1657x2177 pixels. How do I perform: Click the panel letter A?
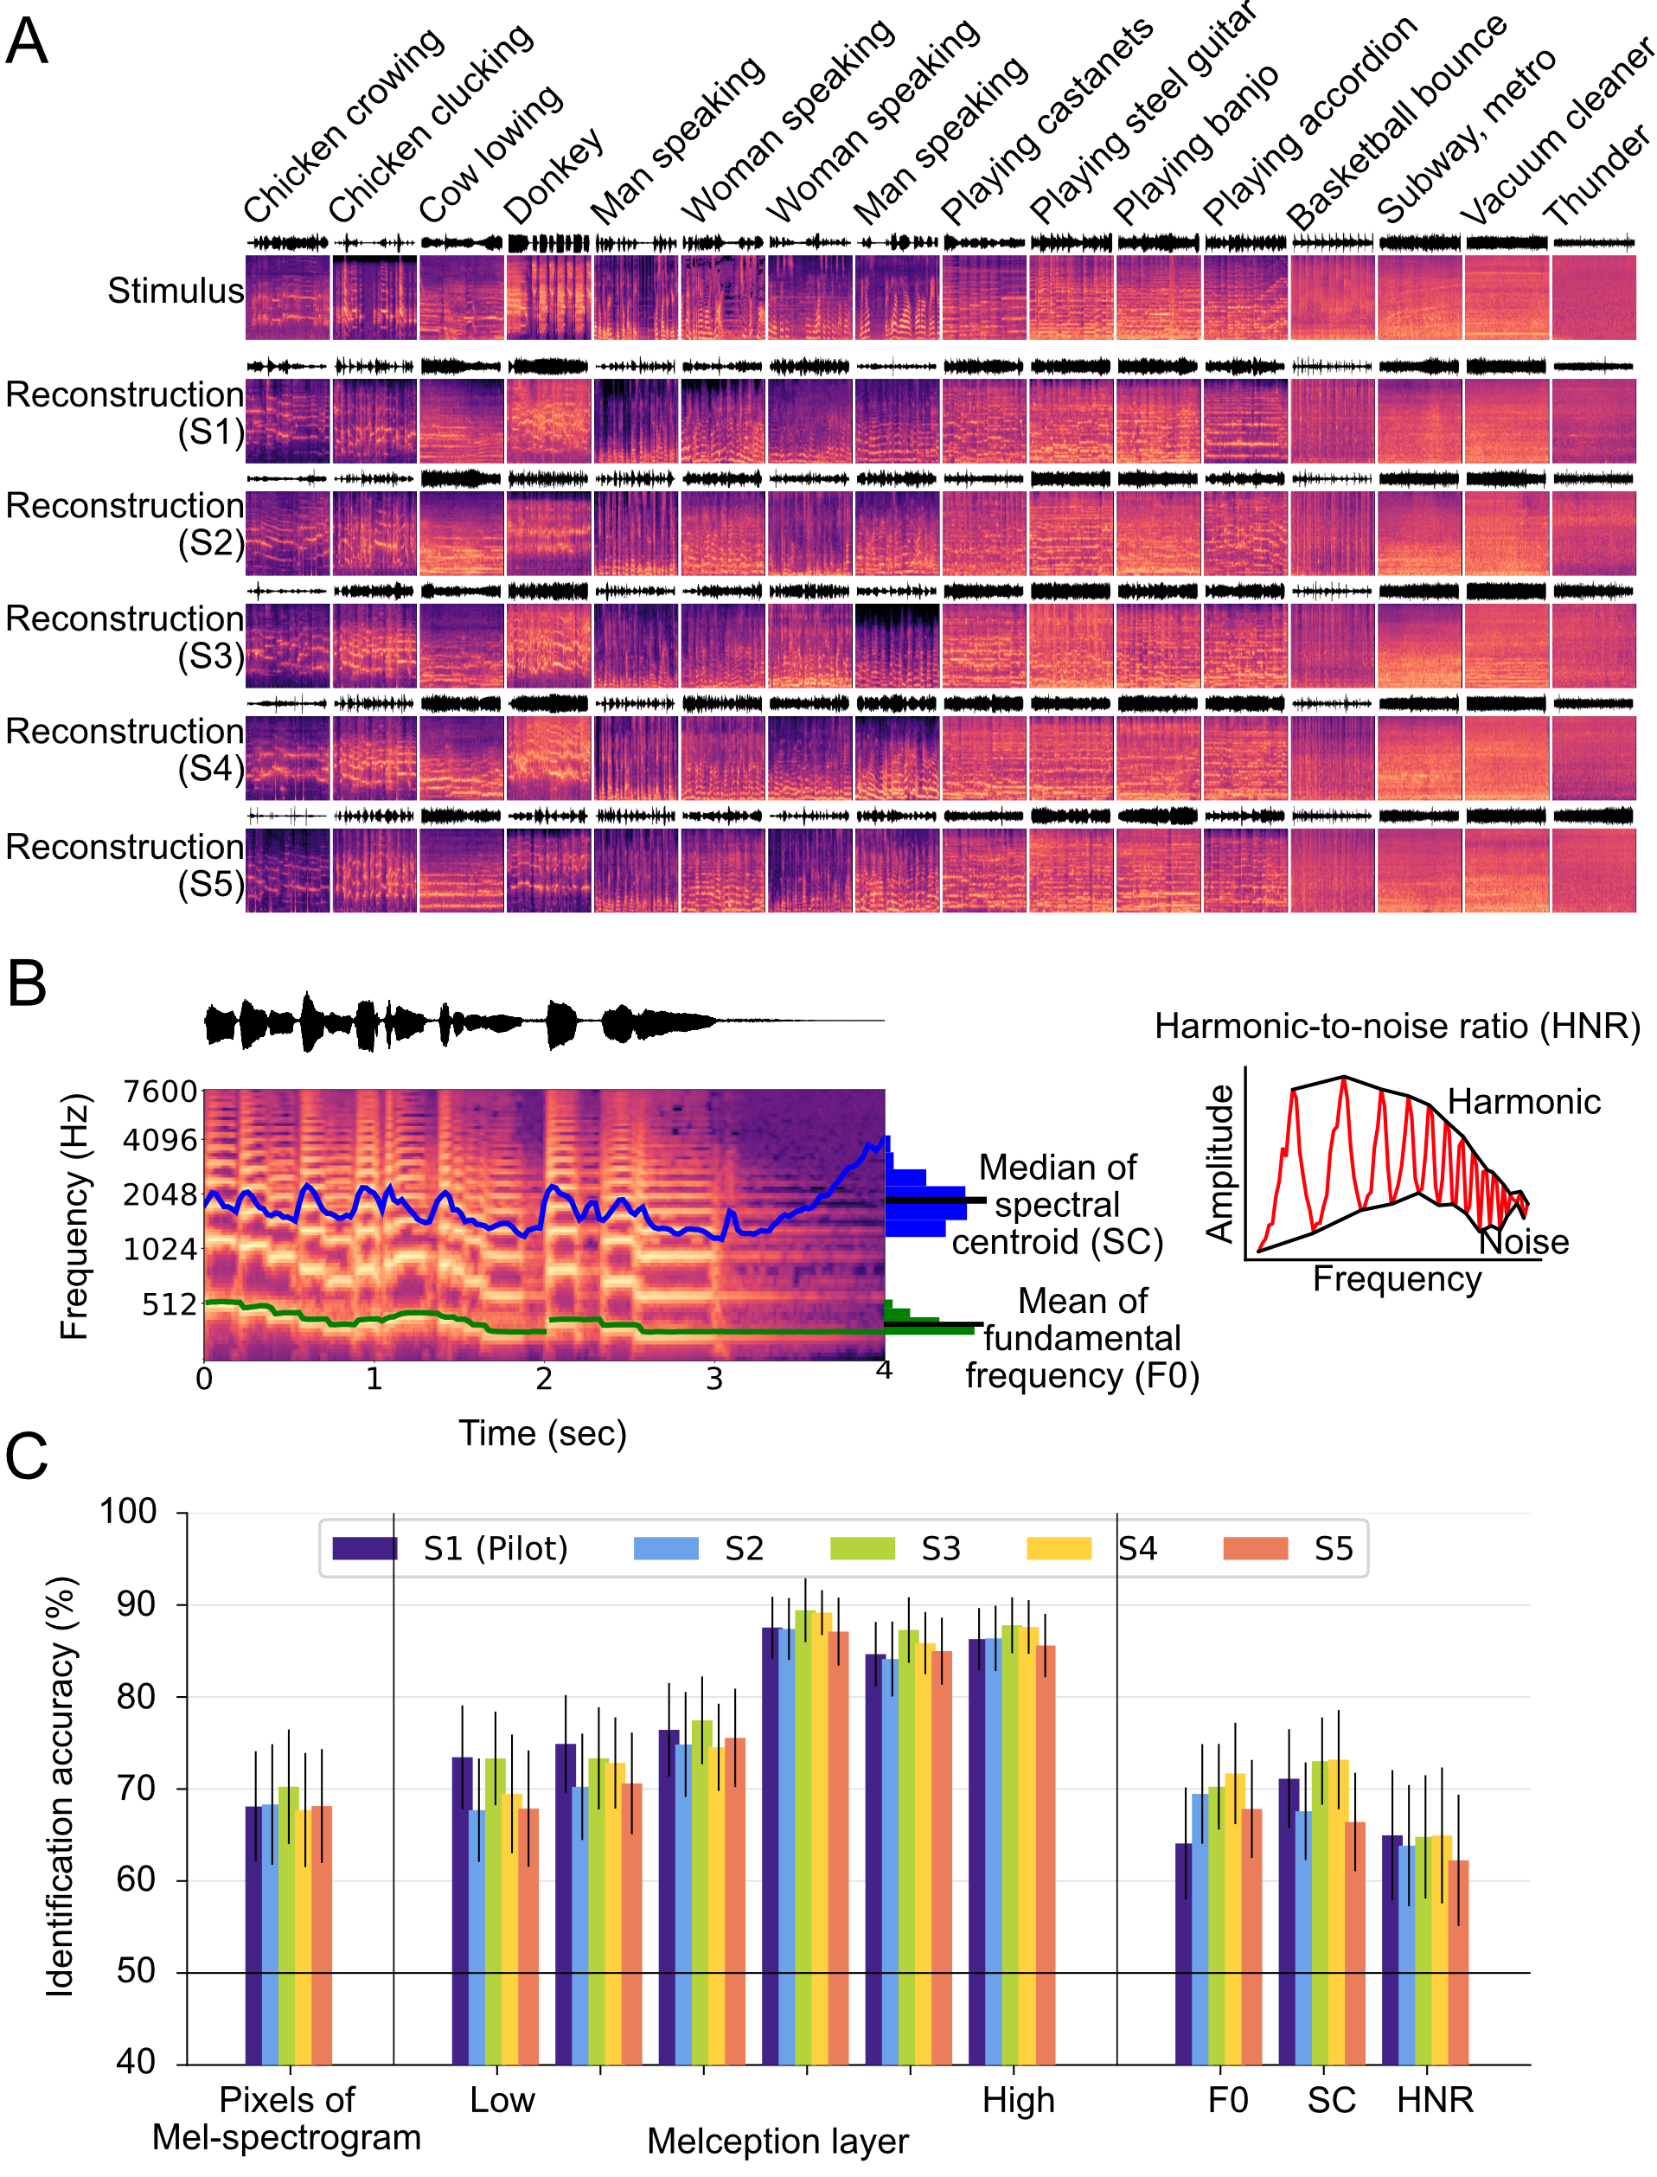27,42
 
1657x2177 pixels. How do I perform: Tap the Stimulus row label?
175,291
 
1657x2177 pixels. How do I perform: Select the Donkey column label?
553,177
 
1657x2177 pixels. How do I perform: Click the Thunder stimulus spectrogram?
1593,297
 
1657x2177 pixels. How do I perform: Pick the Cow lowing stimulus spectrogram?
461,297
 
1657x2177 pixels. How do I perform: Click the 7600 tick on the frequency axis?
160,1091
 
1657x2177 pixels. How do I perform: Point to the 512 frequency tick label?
170,1304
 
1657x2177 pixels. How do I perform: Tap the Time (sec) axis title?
542,1432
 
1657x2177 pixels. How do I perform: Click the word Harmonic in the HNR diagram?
1523,1101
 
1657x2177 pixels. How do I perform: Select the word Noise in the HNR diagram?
1524,1242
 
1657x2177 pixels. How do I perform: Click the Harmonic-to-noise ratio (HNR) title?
1397,1026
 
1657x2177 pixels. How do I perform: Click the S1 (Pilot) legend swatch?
364,1549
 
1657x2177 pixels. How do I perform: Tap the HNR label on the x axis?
1435,2100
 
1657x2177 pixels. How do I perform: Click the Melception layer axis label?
777,2142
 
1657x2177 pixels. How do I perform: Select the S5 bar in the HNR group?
1458,1963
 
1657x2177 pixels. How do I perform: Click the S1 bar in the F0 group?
1184,1953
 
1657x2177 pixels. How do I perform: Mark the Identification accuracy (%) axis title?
61,1785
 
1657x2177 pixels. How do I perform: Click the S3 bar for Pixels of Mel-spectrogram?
288,1924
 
